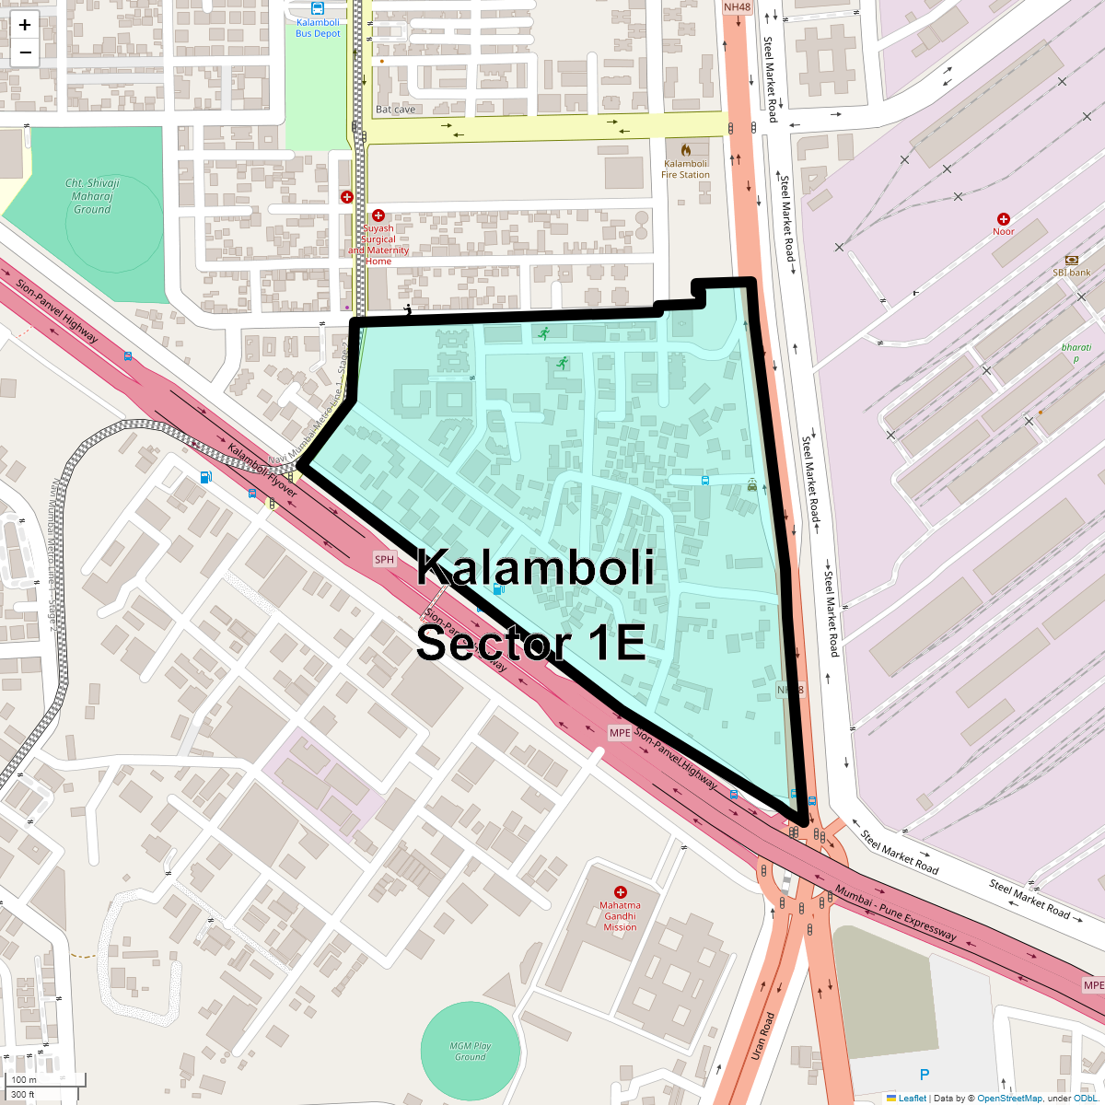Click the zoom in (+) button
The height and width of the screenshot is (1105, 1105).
(25, 25)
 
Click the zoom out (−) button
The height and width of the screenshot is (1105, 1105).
(25, 52)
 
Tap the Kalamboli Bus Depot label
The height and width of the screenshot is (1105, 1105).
(318, 28)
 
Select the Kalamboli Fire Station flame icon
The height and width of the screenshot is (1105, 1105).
(686, 149)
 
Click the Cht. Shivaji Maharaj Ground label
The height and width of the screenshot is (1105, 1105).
(92, 196)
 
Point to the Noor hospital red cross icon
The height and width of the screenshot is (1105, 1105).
(1004, 219)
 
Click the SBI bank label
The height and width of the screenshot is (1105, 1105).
(1072, 273)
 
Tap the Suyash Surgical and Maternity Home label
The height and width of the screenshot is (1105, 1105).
(378, 245)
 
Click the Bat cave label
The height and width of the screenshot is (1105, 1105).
(396, 110)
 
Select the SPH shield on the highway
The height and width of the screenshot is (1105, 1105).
(384, 559)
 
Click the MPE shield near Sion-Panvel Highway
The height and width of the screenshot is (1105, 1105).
(620, 733)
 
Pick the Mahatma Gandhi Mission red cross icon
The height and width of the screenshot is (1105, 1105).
(621, 892)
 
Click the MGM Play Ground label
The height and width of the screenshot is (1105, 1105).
(471, 1052)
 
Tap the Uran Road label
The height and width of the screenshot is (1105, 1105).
(763, 1036)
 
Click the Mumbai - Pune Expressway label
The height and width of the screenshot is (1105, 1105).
(896, 913)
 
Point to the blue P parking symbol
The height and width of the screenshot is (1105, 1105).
(925, 1075)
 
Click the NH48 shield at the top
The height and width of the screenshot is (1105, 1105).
(737, 7)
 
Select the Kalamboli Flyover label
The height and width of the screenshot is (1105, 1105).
(262, 471)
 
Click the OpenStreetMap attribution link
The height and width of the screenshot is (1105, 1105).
(1009, 1098)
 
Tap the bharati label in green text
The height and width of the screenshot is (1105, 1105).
(1076, 348)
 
